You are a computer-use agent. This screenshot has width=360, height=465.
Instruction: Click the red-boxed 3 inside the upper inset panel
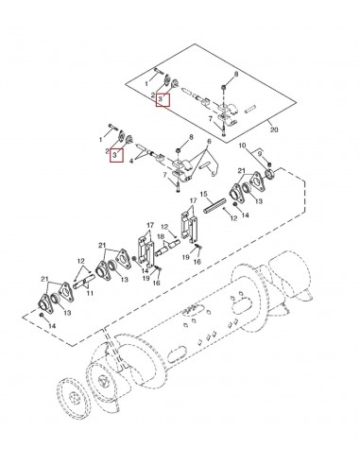[163, 98]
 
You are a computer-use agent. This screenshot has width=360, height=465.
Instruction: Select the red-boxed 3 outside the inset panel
[116, 154]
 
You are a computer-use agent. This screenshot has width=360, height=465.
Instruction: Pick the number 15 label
[202, 197]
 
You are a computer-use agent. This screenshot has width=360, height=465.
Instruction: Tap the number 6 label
[195, 141]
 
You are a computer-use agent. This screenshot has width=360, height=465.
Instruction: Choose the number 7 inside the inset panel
[223, 118]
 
